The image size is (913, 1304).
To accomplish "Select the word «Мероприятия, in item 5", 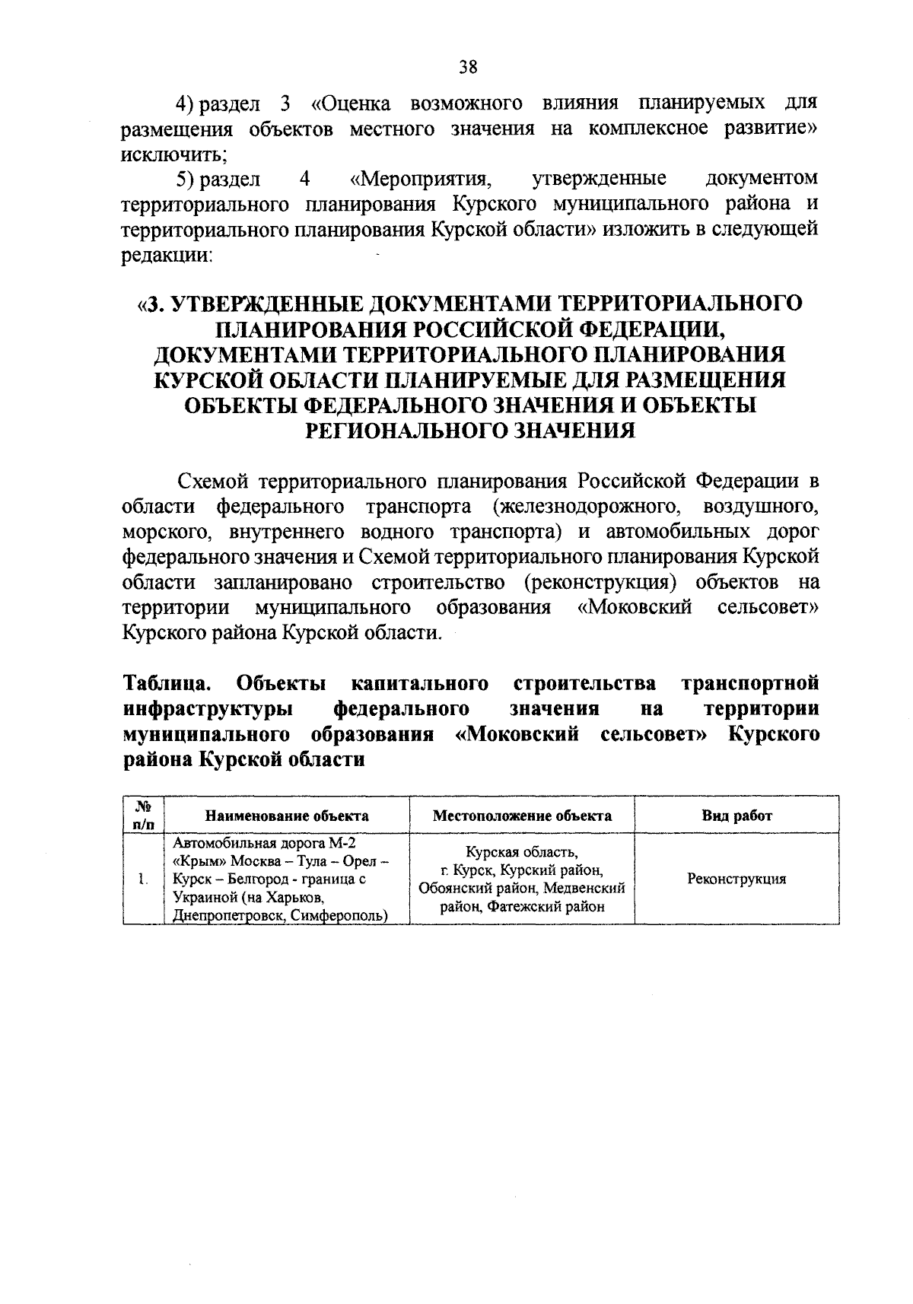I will [418, 180].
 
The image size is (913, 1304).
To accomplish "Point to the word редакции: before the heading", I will [167, 255].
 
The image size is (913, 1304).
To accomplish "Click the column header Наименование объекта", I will [287, 816].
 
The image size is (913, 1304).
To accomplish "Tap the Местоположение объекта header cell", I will [522, 816].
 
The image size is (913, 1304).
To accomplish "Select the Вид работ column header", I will [736, 816].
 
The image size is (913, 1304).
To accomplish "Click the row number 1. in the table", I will [143, 879].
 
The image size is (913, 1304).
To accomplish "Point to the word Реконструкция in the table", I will [736, 879].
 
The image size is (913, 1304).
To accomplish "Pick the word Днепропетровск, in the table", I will [224, 915].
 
